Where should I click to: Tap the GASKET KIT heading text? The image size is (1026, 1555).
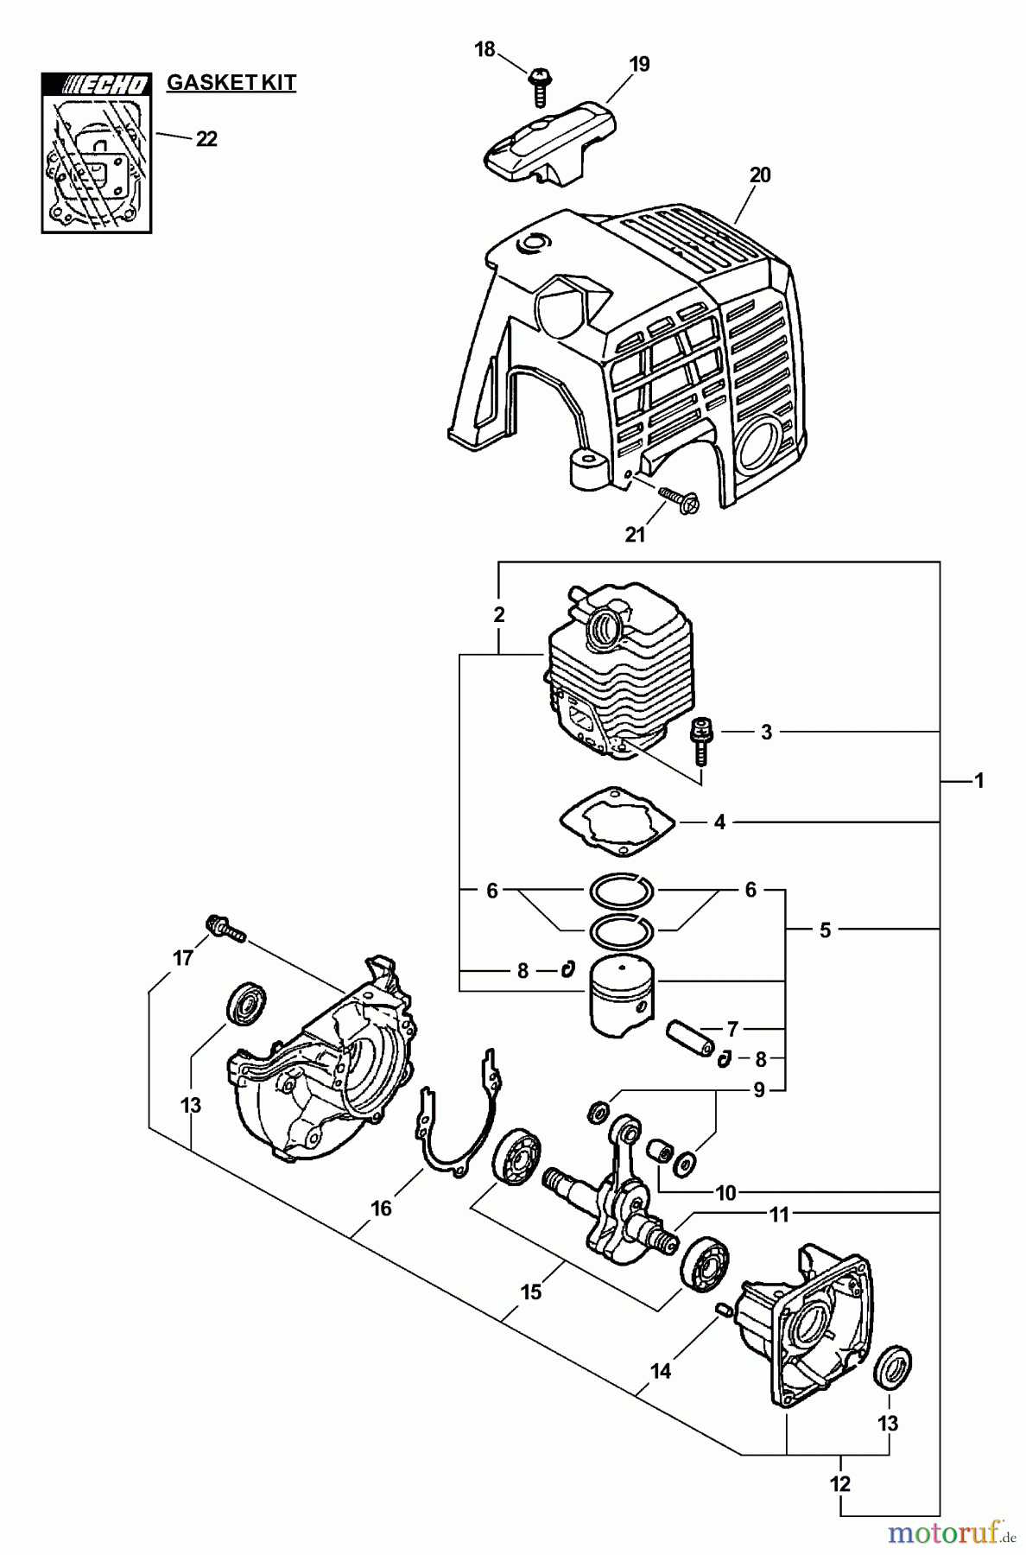point(231,83)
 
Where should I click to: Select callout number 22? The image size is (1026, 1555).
point(206,139)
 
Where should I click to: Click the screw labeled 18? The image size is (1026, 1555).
point(539,86)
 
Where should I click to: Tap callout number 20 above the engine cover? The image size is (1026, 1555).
point(760,175)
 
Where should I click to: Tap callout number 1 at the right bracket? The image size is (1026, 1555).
point(978,781)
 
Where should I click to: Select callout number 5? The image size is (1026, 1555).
point(825,930)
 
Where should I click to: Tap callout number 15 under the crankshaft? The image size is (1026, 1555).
point(531,1292)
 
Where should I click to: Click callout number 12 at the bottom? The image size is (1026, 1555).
point(839,1484)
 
